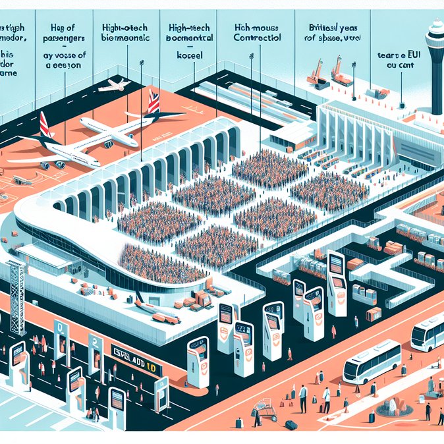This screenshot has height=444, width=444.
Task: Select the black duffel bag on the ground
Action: [291, 425]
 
